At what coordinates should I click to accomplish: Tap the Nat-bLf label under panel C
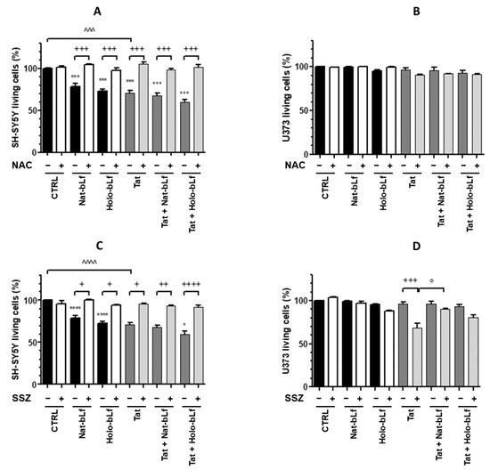(83, 421)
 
